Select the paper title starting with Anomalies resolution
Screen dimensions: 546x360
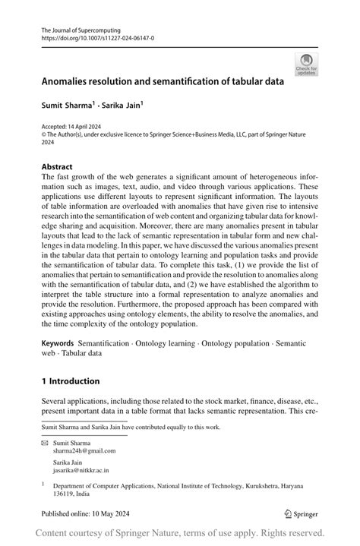pyautogui.click(x=163, y=80)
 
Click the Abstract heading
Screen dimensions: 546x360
pyautogui.click(x=57, y=166)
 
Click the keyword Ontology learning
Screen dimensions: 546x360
pyautogui.click(x=174, y=345)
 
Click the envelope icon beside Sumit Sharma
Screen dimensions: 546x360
pyautogui.click(x=44, y=441)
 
